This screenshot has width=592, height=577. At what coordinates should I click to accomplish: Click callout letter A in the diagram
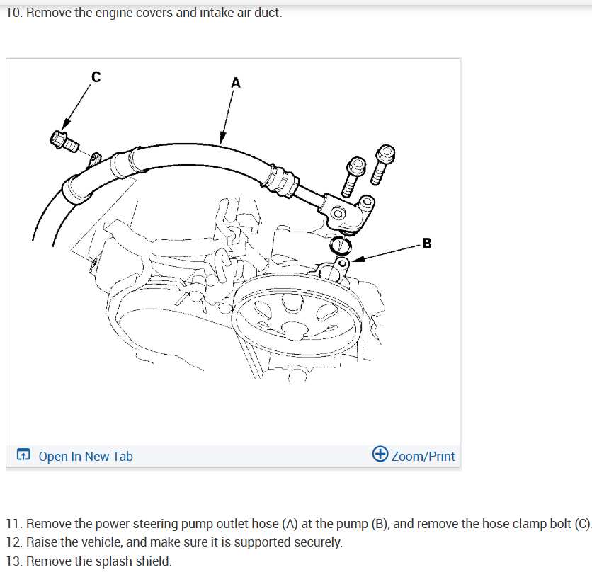point(236,83)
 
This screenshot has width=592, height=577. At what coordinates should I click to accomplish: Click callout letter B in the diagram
point(426,244)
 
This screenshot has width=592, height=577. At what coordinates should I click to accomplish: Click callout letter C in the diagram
point(96,77)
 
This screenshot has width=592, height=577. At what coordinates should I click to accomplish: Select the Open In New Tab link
point(85,457)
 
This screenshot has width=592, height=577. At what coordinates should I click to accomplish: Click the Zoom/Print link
point(423,457)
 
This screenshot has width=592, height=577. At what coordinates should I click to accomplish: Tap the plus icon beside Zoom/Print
point(380,455)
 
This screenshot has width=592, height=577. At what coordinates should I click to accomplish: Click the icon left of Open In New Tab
point(23,456)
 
